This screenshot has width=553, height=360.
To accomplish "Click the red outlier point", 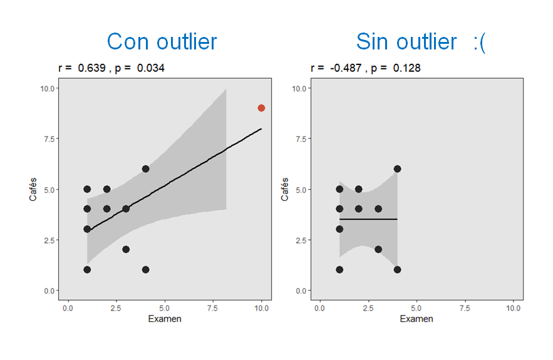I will (x=261, y=108).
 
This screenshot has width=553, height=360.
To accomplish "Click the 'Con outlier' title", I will (x=162, y=41).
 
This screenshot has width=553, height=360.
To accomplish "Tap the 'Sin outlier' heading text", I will (x=406, y=41).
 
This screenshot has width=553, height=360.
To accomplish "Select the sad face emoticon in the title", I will (x=479, y=41).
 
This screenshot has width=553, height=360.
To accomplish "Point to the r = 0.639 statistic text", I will (x=81, y=68).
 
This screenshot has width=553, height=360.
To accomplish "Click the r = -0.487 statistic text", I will (x=335, y=68).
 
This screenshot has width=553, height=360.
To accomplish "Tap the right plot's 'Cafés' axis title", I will (x=285, y=188).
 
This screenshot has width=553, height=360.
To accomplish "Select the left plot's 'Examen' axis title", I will (x=165, y=319).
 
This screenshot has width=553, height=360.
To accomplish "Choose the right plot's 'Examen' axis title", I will (x=416, y=319).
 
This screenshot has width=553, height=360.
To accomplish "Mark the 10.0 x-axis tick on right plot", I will (x=514, y=308).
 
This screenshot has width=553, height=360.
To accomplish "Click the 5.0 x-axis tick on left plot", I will (x=165, y=308).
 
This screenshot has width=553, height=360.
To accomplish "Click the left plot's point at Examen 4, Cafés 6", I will (x=145, y=168).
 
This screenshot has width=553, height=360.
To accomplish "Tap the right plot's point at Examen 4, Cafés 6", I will (x=397, y=168).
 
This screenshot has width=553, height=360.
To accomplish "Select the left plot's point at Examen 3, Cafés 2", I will (x=126, y=249).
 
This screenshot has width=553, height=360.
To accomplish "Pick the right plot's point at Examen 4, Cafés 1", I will (x=397, y=270).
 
